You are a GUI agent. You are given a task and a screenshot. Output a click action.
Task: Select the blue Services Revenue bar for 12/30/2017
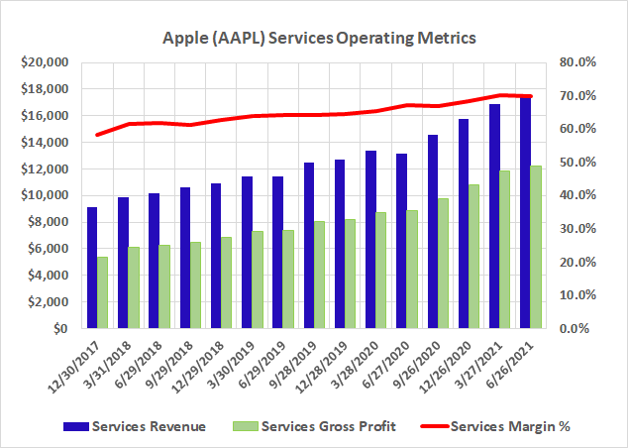92,268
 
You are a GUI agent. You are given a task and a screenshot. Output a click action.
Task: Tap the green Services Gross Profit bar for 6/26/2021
536,247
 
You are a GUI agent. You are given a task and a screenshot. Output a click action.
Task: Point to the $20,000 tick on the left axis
42,62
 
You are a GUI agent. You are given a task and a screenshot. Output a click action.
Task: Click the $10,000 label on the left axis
42,195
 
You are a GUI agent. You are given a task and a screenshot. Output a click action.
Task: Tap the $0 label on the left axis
59,328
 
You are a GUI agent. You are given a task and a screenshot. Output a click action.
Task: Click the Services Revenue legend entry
139,427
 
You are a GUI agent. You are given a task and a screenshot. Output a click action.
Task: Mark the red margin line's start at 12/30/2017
97,135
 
